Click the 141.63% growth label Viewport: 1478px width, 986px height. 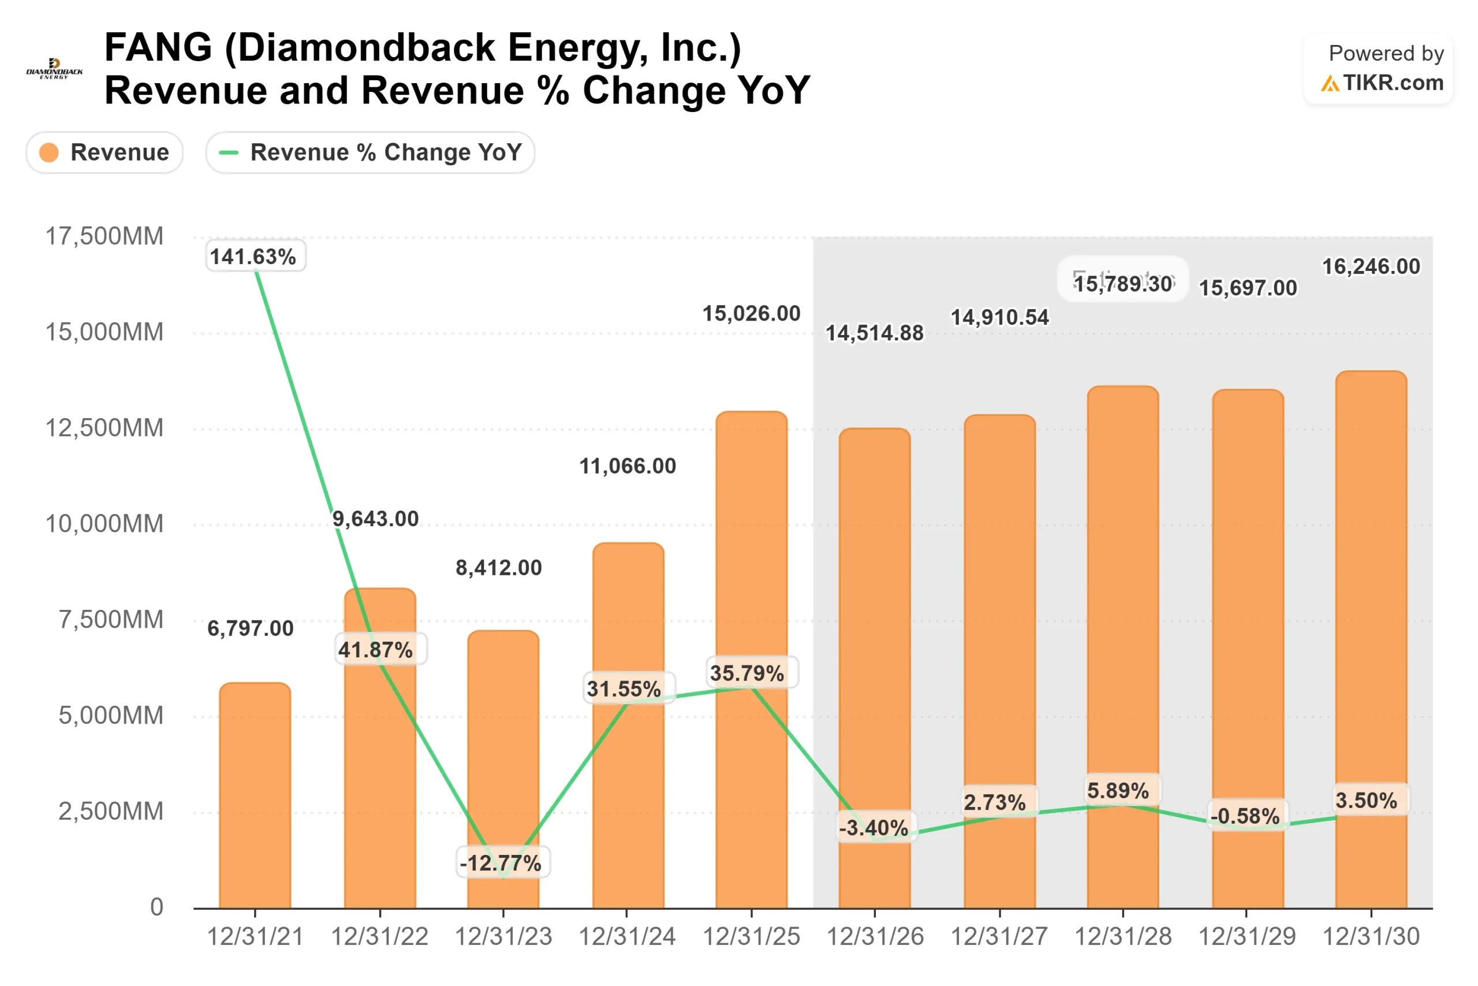[253, 256]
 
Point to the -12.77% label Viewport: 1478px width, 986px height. [501, 863]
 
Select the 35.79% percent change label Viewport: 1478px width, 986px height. [747, 674]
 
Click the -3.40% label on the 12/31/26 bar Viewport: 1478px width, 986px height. [874, 828]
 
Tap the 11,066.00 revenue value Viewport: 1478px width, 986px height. [627, 466]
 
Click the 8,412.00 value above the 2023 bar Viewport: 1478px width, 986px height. [498, 568]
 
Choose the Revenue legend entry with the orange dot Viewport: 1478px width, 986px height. [104, 152]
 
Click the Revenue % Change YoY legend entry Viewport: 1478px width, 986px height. [370, 152]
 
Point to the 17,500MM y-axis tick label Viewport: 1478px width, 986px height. [104, 236]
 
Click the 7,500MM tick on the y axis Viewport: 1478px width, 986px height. [111, 620]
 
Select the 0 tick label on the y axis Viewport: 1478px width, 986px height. [156, 907]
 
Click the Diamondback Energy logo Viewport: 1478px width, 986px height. [54, 69]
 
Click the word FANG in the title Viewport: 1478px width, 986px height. [158, 48]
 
